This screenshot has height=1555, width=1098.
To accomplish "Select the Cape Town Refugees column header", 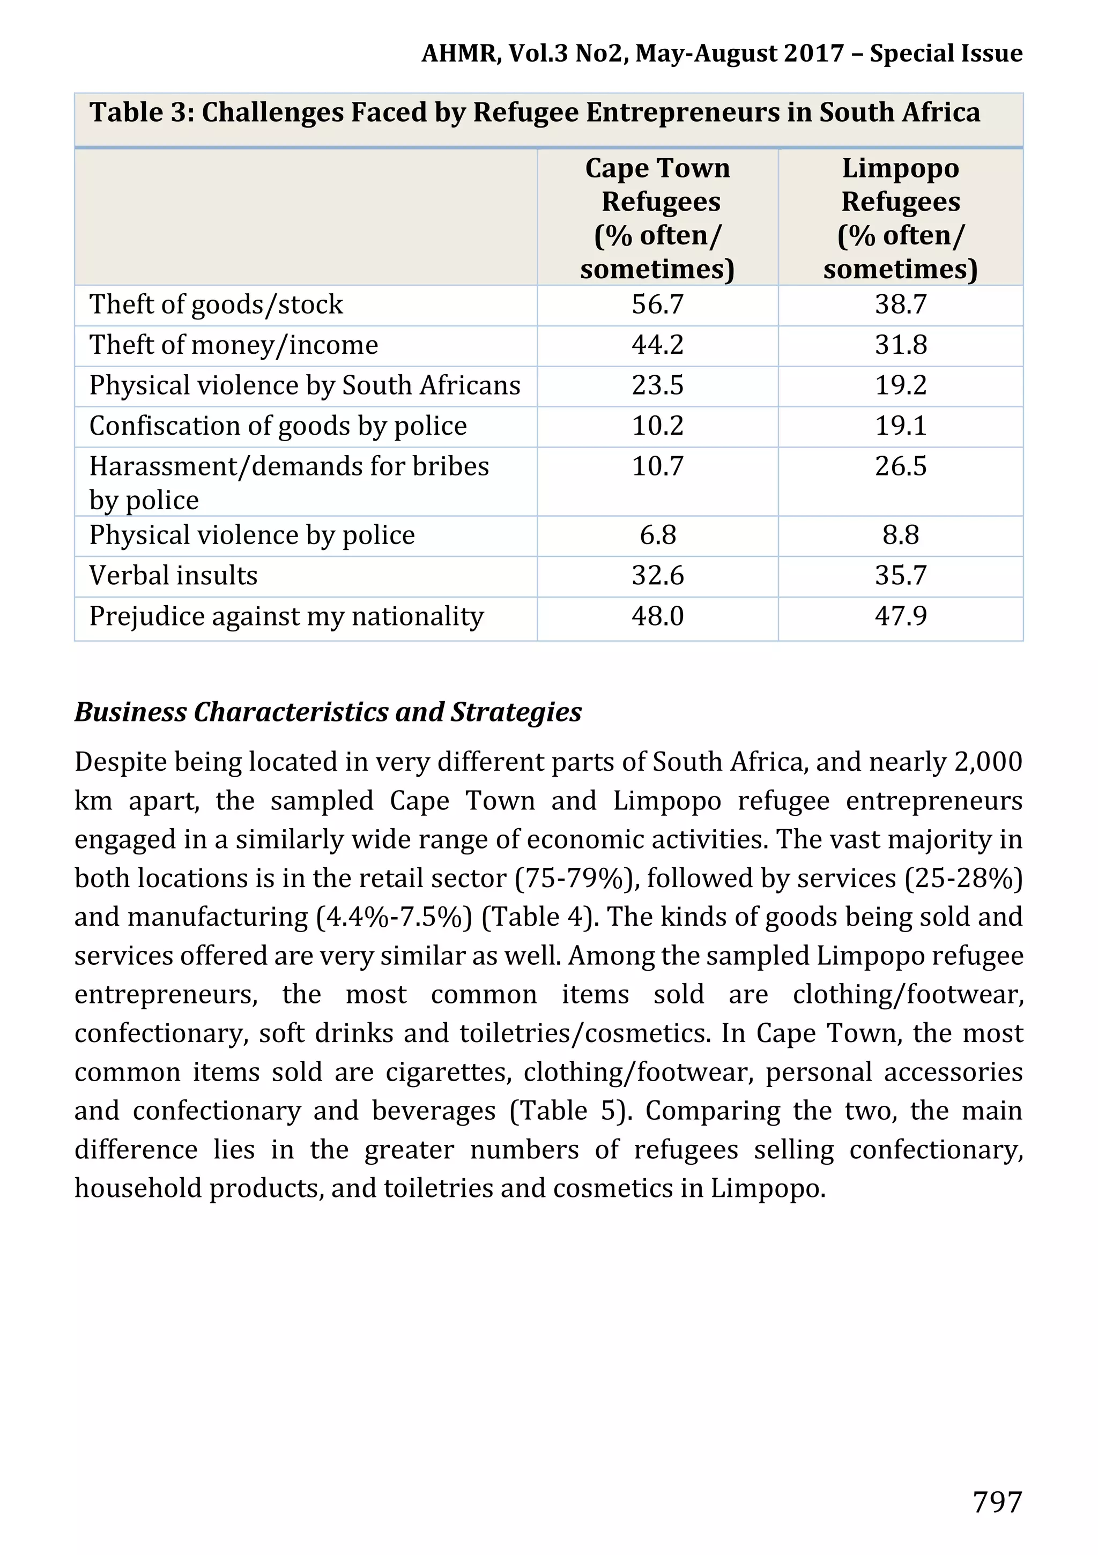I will pyautogui.click(x=657, y=218).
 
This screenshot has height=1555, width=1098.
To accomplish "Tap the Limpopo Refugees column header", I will pyautogui.click(x=900, y=218).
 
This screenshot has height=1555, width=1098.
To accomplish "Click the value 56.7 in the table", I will pyautogui.click(x=657, y=305).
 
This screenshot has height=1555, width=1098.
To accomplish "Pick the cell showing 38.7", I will pyautogui.click(x=900, y=305).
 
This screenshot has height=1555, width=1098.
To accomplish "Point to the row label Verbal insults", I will pyautogui.click(x=173, y=576).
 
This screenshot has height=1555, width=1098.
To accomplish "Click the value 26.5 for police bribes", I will pyautogui.click(x=900, y=467).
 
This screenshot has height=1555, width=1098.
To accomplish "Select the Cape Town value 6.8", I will pyautogui.click(x=657, y=535).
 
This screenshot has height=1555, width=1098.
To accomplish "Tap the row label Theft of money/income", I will pyautogui.click(x=234, y=345).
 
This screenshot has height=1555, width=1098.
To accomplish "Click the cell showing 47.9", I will pyautogui.click(x=900, y=616).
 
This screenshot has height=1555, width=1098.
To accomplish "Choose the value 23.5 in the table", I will pyautogui.click(x=657, y=385).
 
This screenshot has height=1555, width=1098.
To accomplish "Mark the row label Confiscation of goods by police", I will pyautogui.click(x=278, y=426).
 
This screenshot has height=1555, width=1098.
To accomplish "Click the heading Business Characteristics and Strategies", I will pyautogui.click(x=328, y=712).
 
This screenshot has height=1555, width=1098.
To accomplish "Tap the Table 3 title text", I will pyautogui.click(x=535, y=113).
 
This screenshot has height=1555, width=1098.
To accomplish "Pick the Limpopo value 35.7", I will pyautogui.click(x=900, y=576).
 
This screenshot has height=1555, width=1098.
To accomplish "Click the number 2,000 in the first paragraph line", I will pyautogui.click(x=988, y=762).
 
